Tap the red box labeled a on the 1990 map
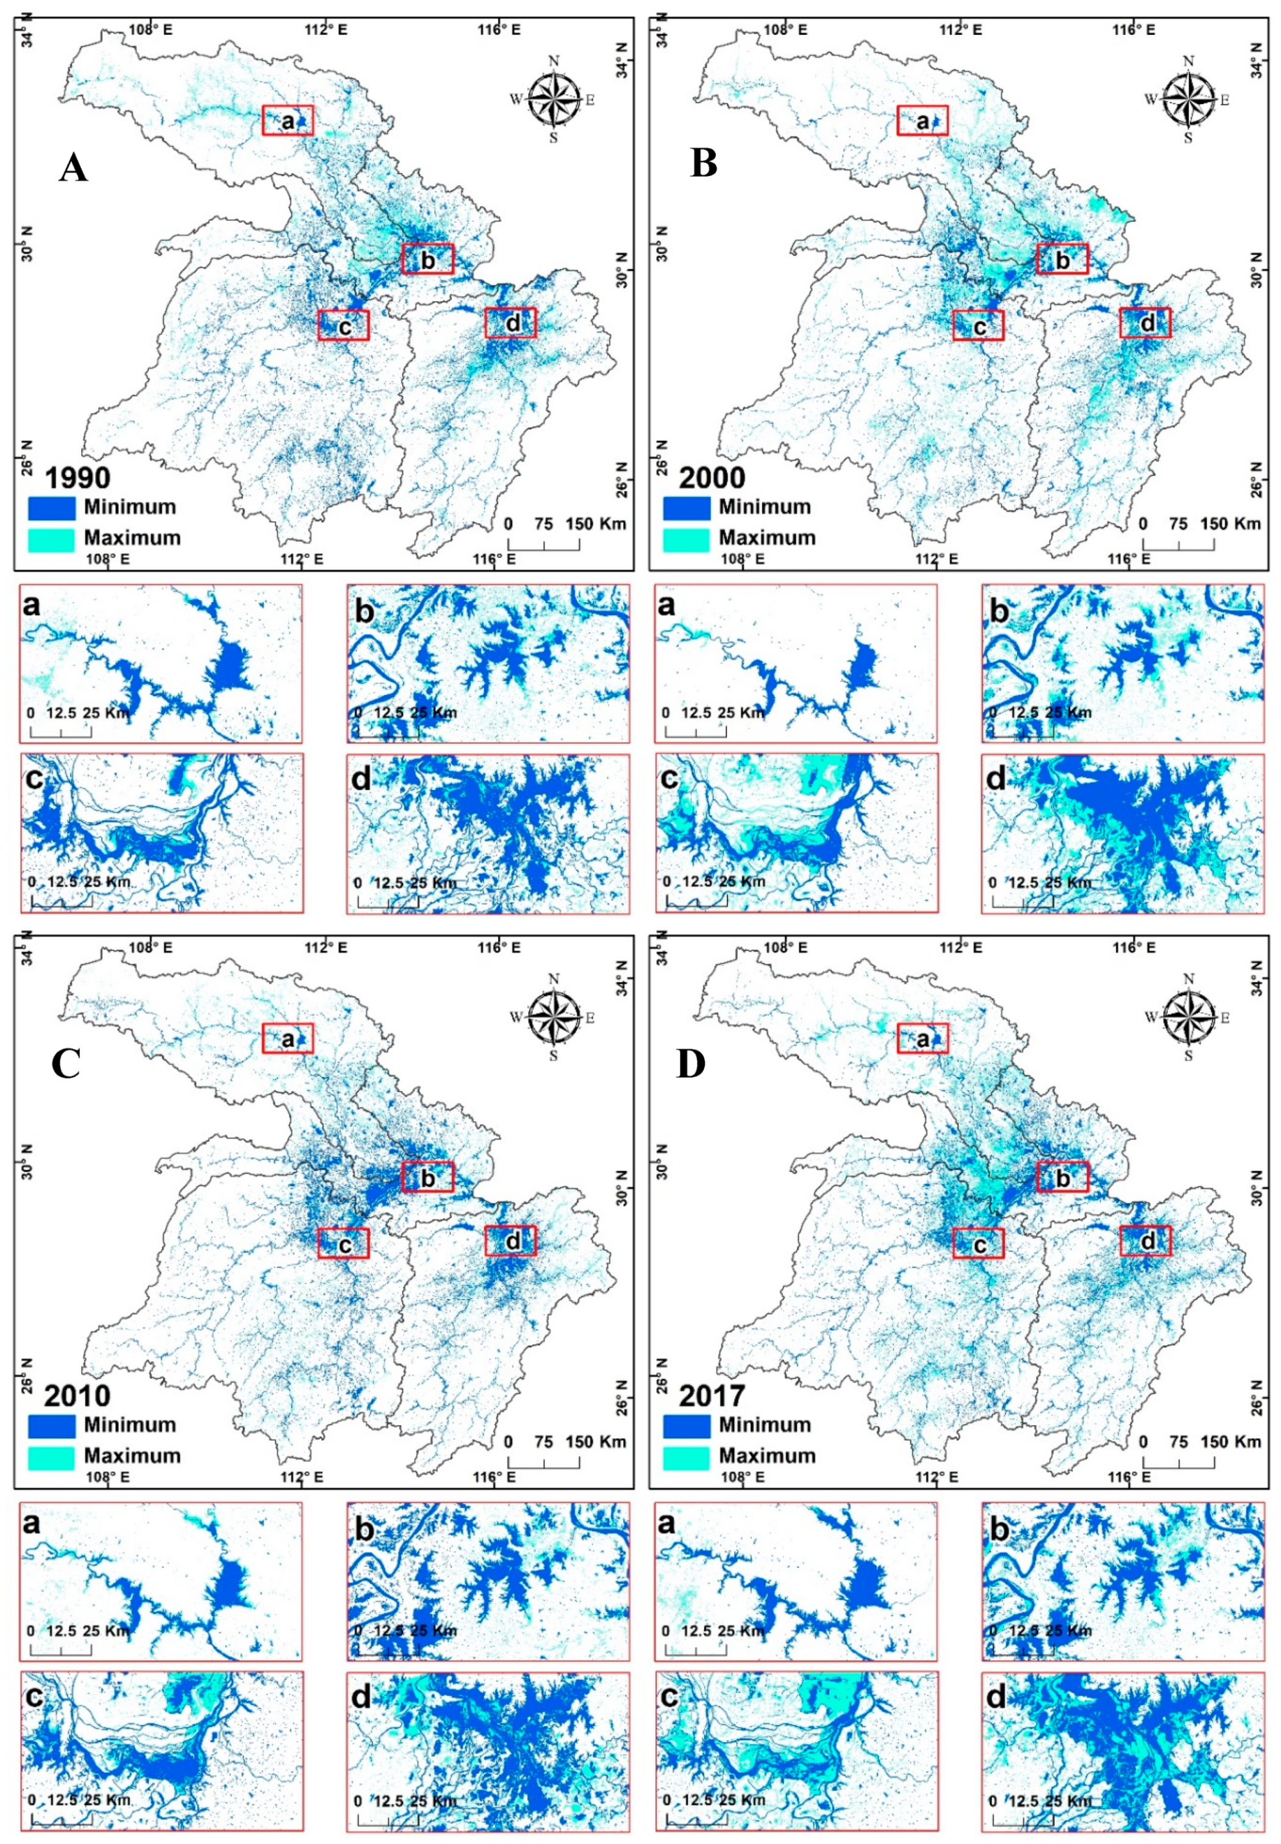(x=287, y=120)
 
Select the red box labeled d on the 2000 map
(x=1146, y=323)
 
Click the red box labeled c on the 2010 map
(x=343, y=1243)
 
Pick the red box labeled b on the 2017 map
(x=1062, y=1177)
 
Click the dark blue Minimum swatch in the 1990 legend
(x=51, y=507)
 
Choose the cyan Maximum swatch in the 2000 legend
(x=687, y=538)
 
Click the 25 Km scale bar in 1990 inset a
(x=61, y=731)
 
